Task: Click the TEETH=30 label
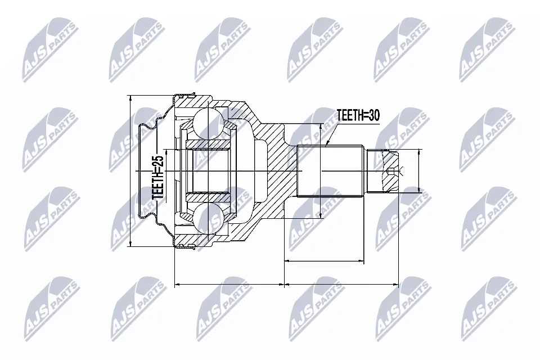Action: [x=358, y=115]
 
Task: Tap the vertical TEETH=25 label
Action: [x=159, y=178]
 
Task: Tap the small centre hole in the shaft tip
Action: [x=392, y=171]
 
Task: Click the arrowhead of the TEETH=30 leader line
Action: [x=328, y=145]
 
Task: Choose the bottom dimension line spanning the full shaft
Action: [x=341, y=285]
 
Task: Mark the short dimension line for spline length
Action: [x=323, y=261]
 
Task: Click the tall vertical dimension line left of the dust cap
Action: [x=130, y=171]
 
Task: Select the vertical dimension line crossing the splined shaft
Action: [x=320, y=171]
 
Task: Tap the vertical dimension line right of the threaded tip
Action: [x=419, y=171]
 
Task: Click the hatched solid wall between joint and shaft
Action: [x=276, y=171]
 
